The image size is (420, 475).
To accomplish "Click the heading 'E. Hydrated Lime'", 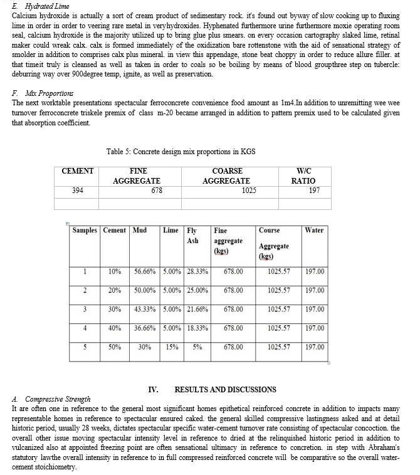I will click(37, 5).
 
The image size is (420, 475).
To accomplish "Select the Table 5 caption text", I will click(181, 151).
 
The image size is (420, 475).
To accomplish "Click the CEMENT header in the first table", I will click(78, 171).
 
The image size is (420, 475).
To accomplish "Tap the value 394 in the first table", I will click(78, 191).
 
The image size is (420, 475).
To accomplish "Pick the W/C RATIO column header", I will click(303, 176).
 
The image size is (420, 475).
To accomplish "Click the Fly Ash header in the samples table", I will click(192, 235).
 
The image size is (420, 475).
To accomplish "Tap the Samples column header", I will click(85, 230).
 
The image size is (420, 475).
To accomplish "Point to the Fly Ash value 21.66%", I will click(197, 310).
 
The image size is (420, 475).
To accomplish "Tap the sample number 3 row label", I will click(85, 310).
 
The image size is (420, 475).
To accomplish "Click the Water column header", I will click(313, 230).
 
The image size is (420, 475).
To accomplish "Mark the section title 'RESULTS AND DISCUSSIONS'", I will click(225, 389).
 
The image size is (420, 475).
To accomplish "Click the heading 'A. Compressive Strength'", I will click(51, 399).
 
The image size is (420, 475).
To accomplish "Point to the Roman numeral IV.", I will click(153, 389).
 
